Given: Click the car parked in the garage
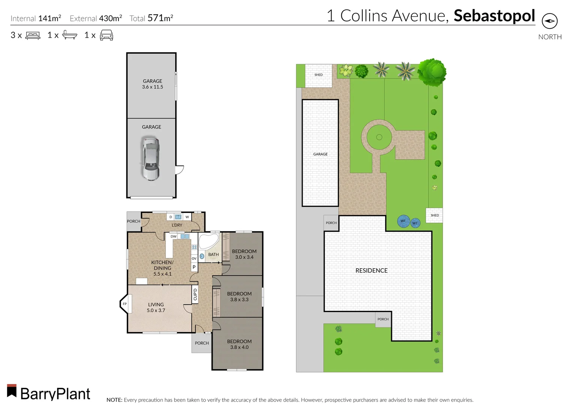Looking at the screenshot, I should [151, 159].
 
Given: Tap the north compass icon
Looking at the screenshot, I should [549, 21].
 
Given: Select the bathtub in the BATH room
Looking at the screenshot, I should [208, 241].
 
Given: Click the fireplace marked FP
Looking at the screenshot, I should [125, 304].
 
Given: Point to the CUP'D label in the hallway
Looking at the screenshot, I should [195, 294].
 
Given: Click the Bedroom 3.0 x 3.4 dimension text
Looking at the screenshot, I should [244, 257].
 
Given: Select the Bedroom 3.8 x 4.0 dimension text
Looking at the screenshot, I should [239, 347].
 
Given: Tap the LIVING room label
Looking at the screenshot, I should [156, 304].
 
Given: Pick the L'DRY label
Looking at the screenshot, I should [177, 225].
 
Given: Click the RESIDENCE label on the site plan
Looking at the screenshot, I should [371, 270].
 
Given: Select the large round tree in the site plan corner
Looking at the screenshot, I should [432, 72].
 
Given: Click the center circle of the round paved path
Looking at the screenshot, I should [379, 137].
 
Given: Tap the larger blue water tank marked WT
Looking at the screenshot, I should [403, 221].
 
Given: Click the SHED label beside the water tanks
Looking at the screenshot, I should [435, 215].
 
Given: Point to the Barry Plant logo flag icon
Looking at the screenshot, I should [12, 391].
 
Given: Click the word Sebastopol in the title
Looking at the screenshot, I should [494, 16].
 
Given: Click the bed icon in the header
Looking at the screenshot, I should [33, 36].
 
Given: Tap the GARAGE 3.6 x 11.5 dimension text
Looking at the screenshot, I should [152, 87].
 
